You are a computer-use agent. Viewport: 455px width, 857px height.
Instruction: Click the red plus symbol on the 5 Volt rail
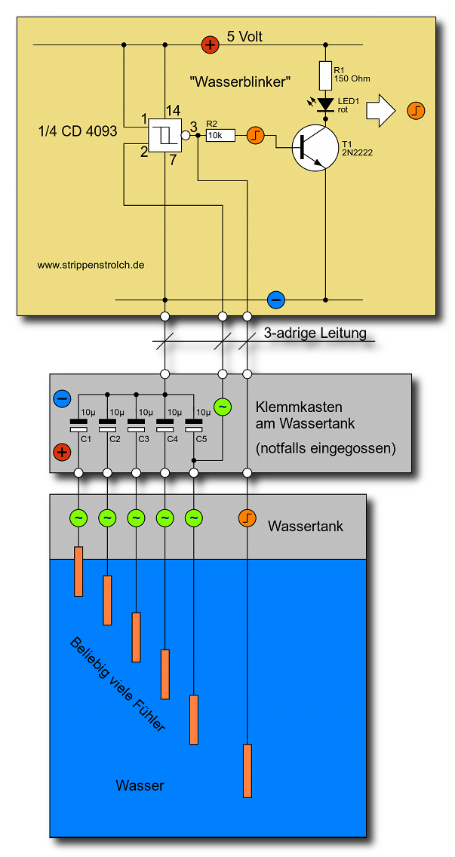[x=210, y=45]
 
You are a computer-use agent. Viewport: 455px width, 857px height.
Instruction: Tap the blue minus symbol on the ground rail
[x=276, y=299]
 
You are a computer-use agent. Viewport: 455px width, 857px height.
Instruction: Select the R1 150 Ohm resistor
[x=326, y=75]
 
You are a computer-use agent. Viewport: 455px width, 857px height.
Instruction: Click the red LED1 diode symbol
[x=326, y=104]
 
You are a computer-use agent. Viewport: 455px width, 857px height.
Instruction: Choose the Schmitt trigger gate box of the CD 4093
[x=164, y=135]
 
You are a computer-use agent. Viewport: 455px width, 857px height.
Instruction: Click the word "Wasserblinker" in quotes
[x=241, y=80]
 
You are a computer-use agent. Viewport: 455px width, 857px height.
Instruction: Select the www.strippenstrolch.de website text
[x=91, y=265]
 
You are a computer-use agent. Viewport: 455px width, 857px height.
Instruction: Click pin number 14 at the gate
[x=174, y=110]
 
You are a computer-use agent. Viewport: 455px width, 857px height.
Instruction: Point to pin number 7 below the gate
[x=173, y=159]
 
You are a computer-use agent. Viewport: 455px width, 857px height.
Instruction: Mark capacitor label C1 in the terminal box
[x=86, y=439]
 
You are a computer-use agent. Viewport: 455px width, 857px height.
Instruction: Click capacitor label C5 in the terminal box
[x=201, y=439]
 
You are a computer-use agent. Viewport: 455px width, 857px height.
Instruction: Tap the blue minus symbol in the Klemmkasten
[x=62, y=398]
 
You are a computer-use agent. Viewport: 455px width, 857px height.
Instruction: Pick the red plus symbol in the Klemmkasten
[x=62, y=453]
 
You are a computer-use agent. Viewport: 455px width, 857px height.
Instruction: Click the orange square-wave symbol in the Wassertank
[x=247, y=518]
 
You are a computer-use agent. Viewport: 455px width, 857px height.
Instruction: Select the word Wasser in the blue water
[x=140, y=785]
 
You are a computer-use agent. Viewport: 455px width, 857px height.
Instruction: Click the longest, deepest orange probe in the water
[x=247, y=770]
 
